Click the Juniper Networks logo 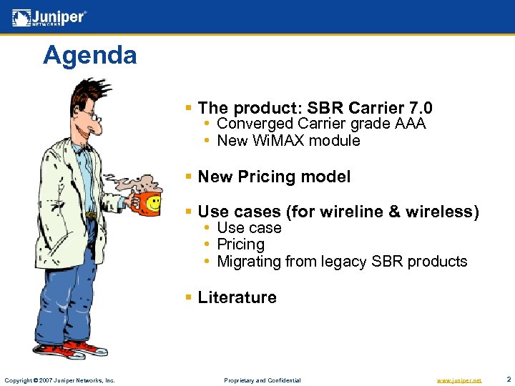pos(49,16)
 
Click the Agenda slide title pos(89,55)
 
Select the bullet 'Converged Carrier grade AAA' pos(321,124)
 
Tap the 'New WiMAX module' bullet pos(288,141)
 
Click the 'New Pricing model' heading pos(274,177)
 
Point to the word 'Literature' pos(237,297)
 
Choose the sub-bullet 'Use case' pos(249,228)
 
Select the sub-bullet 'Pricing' pos(240,244)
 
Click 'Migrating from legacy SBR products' pos(342,262)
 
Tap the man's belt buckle pos(90,214)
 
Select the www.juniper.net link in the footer pos(459,380)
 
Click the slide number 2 pos(508,379)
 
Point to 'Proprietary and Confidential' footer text pos(263,380)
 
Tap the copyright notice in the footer pos(59,380)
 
